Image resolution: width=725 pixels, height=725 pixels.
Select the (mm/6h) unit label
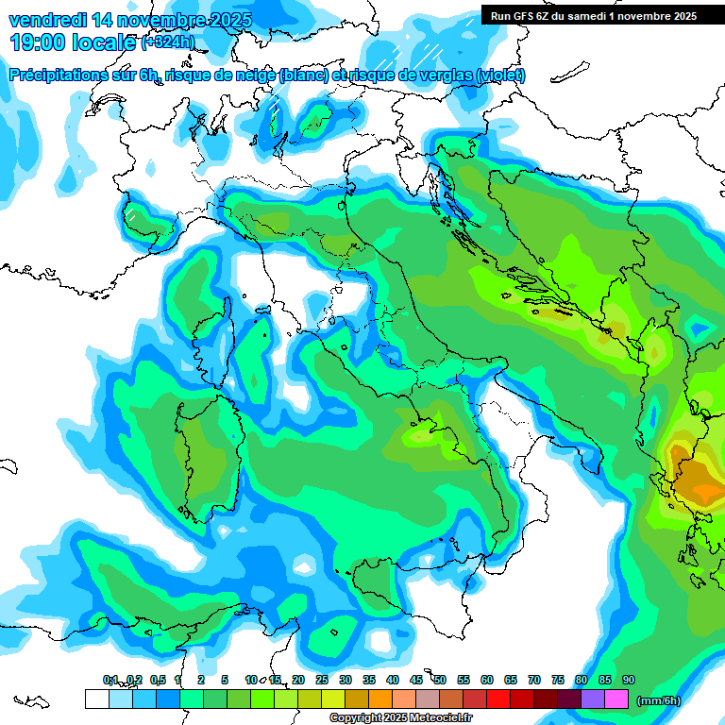tap(659, 700)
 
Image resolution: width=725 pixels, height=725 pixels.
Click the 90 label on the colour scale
tap(629, 680)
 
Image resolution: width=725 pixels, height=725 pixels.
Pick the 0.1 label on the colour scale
tap(110, 680)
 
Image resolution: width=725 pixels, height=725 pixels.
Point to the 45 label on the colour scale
tap(416, 680)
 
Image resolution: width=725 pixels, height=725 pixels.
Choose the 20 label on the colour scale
tap(298, 680)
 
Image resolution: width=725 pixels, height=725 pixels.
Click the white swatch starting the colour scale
tap(96, 699)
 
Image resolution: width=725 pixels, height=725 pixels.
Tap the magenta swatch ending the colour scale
tap(616, 699)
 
